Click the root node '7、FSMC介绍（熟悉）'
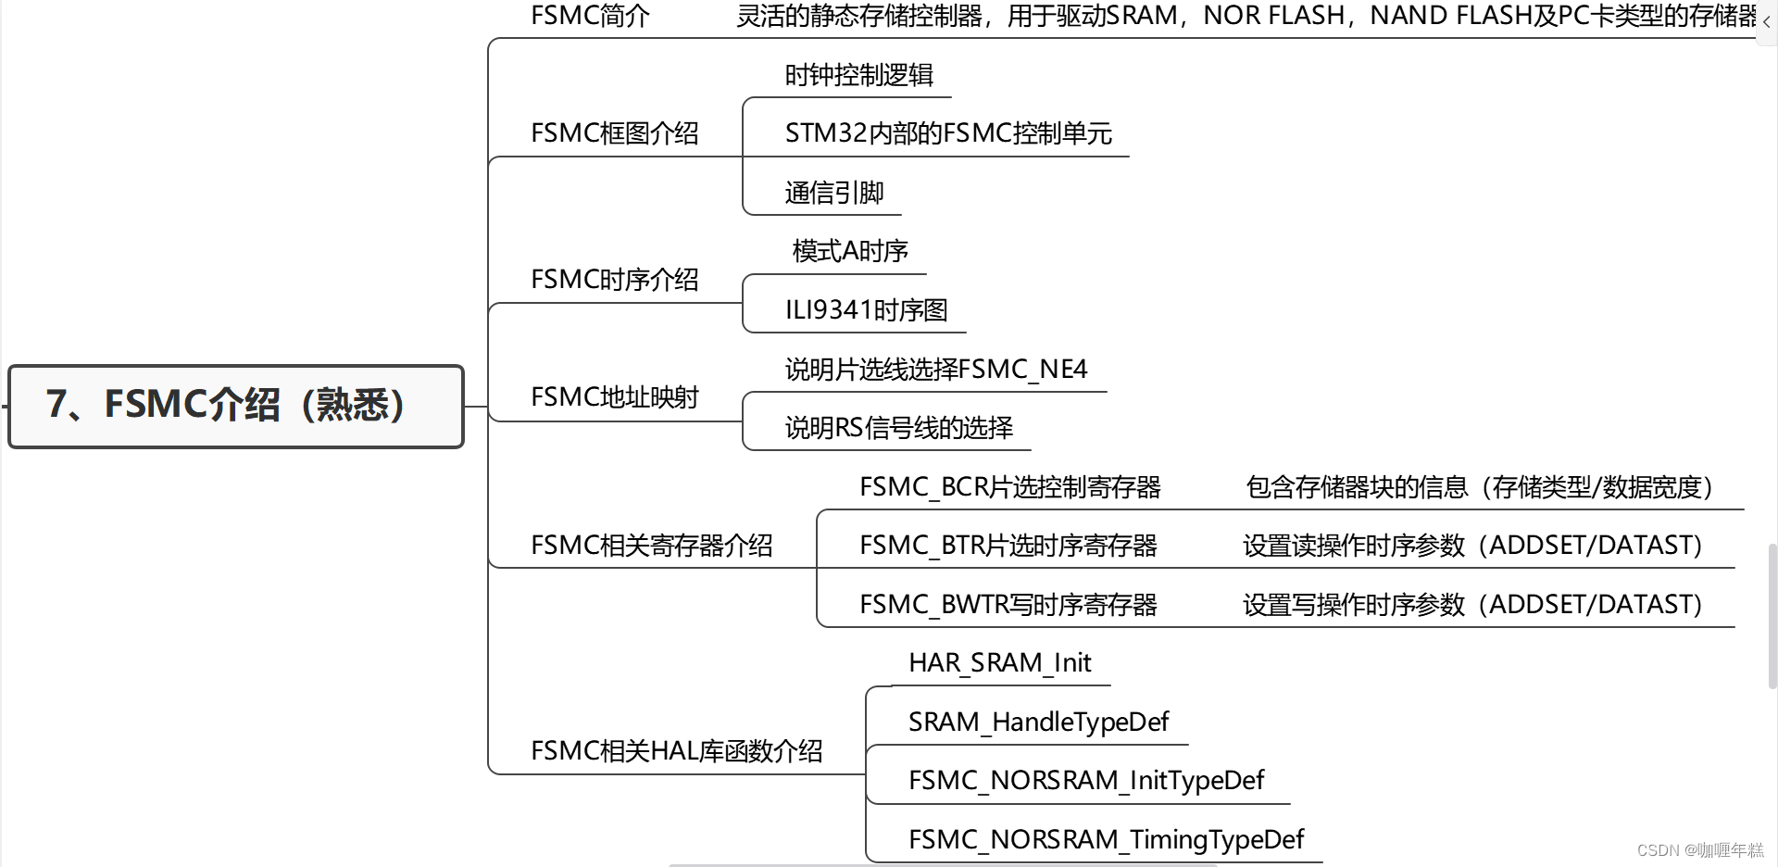pyautogui.click(x=235, y=406)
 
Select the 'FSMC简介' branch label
pyautogui.click(x=590, y=16)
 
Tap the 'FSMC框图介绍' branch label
pyautogui.click(x=614, y=133)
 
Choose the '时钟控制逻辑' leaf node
pyautogui.click(x=858, y=75)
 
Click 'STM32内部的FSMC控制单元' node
pyautogui.click(x=947, y=133)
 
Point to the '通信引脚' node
pyautogui.click(x=833, y=193)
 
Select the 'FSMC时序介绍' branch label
pyautogui.click(x=614, y=280)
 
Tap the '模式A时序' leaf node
pyautogui.click(x=849, y=251)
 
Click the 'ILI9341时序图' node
pyautogui.click(x=866, y=310)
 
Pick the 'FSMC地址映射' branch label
pyautogui.click(x=614, y=397)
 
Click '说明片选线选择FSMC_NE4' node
pyautogui.click(x=935, y=370)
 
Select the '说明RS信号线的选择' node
pyautogui.click(x=898, y=428)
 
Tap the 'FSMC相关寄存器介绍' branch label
pyautogui.click(x=651, y=546)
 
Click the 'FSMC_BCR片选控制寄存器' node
pyautogui.click(x=1009, y=487)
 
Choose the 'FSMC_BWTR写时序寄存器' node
pyautogui.click(x=1008, y=605)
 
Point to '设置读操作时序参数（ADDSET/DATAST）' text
pyautogui.click(x=1472, y=546)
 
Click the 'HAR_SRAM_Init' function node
pyautogui.click(x=999, y=663)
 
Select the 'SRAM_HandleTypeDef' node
pyautogui.click(x=1038, y=722)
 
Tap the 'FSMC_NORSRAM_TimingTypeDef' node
pyautogui.click(x=1106, y=839)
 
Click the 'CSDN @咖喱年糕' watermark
pyautogui.click(x=1700, y=850)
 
